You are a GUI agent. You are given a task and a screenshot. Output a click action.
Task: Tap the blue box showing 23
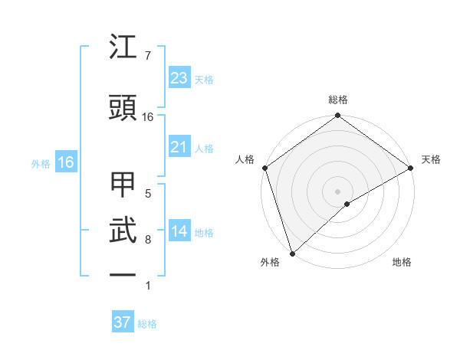tap(179, 78)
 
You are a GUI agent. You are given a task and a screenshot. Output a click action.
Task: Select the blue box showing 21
tap(179, 147)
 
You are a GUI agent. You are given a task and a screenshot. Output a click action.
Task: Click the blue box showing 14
tap(179, 232)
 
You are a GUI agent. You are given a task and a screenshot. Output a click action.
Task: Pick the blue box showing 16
tap(65, 162)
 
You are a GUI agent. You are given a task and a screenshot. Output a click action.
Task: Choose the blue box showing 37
tap(122, 322)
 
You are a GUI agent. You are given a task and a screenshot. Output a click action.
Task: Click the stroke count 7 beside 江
tap(147, 56)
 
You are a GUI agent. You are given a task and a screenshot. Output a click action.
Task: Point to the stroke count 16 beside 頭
tap(148, 117)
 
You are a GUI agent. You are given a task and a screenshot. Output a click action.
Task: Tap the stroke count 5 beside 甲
tap(147, 194)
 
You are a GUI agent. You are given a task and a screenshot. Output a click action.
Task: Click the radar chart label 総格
tap(337, 100)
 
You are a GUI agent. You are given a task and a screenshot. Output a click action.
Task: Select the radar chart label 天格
tap(431, 159)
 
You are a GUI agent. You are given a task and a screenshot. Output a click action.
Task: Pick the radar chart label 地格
tap(402, 263)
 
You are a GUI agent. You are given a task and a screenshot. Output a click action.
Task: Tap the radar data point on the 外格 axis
tap(291, 253)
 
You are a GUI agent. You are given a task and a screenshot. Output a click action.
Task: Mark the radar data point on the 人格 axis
tap(264, 168)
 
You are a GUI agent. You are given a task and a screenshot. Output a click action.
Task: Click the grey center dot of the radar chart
tap(337, 191)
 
